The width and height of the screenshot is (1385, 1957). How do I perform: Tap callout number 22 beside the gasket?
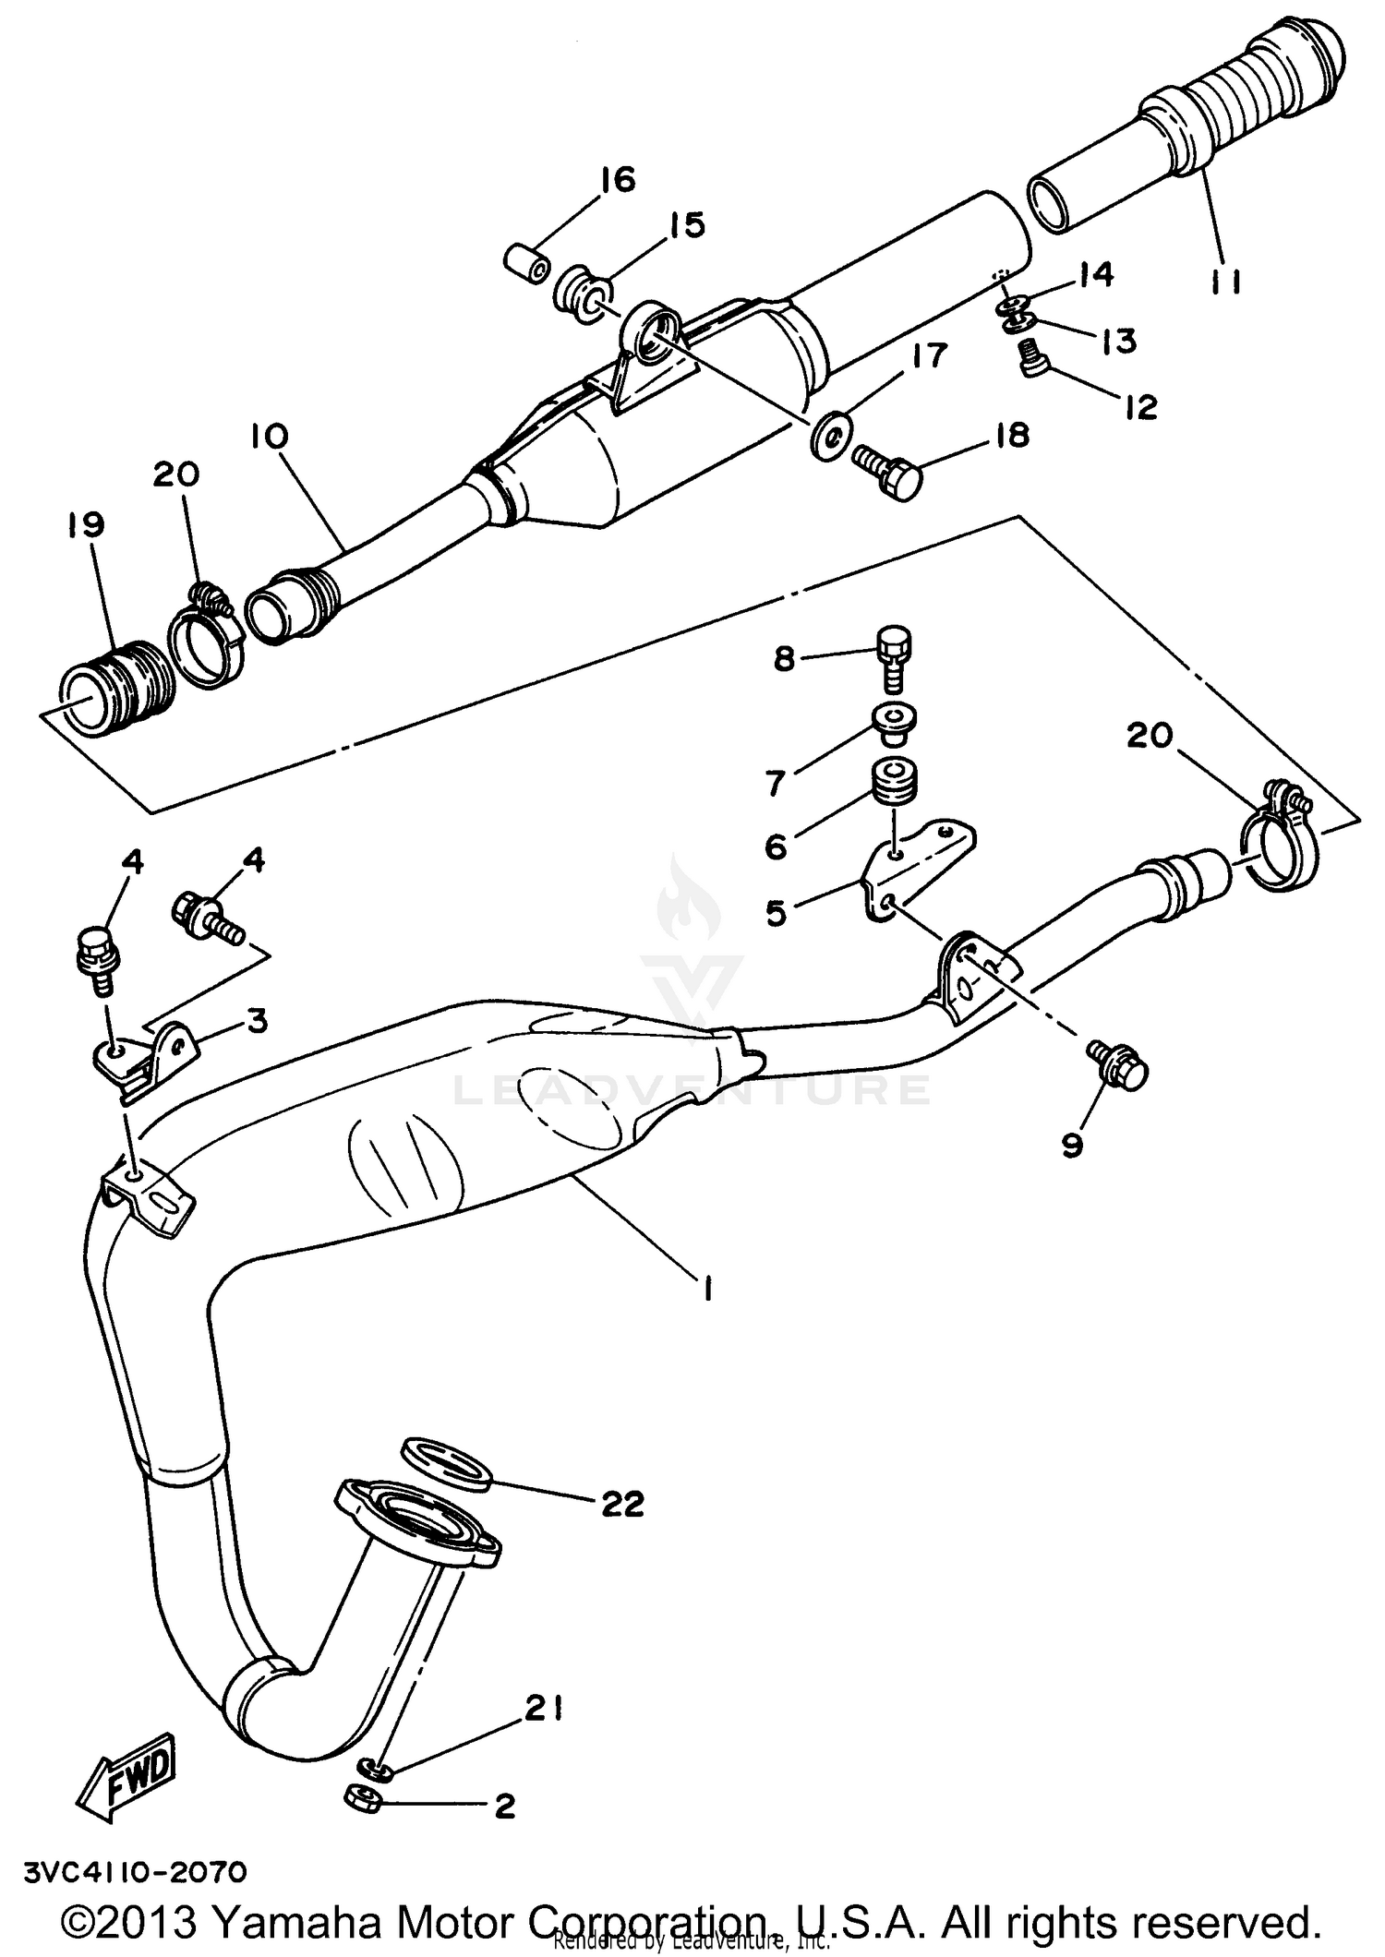622,1505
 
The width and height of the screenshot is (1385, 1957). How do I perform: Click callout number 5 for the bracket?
776,914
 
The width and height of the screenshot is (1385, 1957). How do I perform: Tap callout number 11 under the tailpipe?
1225,281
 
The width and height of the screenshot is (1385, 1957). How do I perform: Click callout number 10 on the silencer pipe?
269,437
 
